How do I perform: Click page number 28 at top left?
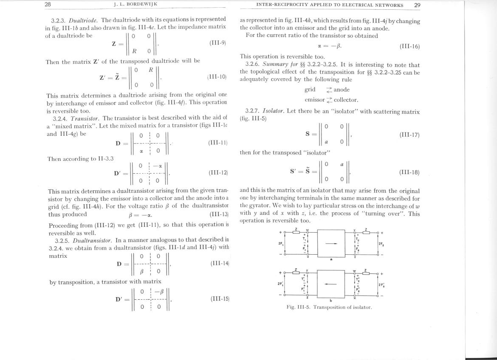coord(48,5)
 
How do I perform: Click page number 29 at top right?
coord(417,5)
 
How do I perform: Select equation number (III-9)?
coord(217,43)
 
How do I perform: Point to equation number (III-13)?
coord(219,214)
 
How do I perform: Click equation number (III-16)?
coord(409,46)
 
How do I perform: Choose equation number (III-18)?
coord(409,172)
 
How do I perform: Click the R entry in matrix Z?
coord(134,51)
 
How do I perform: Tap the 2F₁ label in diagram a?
coord(280,244)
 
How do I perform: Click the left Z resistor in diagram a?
coord(296,232)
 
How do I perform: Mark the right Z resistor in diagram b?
coord(365,273)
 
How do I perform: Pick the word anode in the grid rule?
coord(342,90)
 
